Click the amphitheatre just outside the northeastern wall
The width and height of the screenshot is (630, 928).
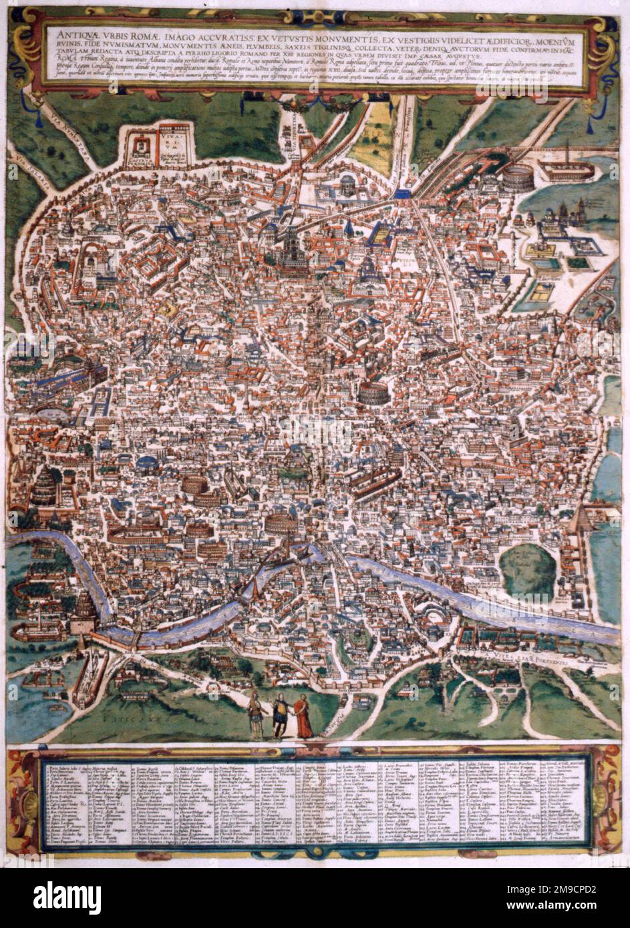tap(517, 177)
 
